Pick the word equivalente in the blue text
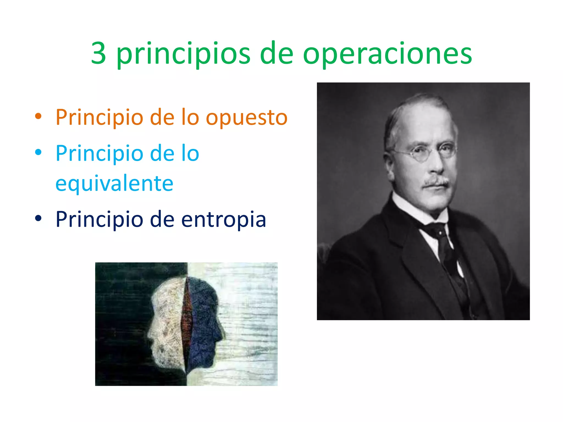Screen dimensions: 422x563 pos(114,184)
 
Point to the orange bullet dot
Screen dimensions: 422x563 pos(38,116)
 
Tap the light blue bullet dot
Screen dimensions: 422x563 pos(38,152)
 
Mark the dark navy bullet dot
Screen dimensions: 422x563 pos(38,218)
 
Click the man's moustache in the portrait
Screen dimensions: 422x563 pos(436,182)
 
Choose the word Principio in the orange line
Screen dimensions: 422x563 pos(99,118)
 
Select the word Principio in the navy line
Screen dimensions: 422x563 pos(99,219)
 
